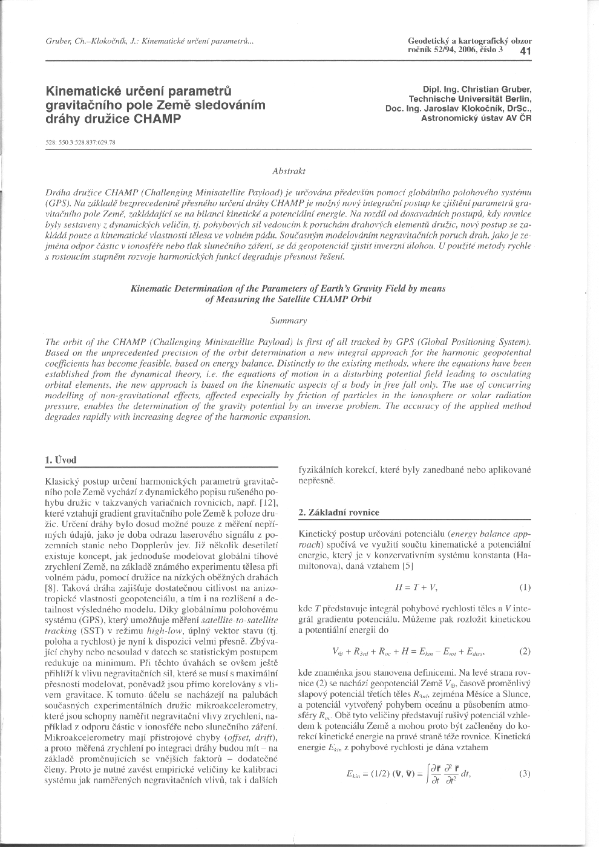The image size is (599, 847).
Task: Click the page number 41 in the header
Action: point(525,51)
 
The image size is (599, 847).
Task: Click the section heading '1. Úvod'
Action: point(61,460)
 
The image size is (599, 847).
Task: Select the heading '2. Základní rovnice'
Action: point(339,512)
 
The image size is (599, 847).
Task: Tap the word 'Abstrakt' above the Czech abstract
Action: point(289,171)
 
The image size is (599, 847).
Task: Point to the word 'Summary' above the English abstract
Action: point(289,320)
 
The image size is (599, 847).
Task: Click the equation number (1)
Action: point(525,587)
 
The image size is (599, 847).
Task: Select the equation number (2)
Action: point(525,652)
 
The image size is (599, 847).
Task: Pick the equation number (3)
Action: point(525,774)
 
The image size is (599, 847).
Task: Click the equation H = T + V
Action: point(416,587)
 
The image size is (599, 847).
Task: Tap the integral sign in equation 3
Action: point(428,774)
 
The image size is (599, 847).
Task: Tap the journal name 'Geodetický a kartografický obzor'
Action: point(470,41)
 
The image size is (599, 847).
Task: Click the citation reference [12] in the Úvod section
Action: point(268,503)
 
